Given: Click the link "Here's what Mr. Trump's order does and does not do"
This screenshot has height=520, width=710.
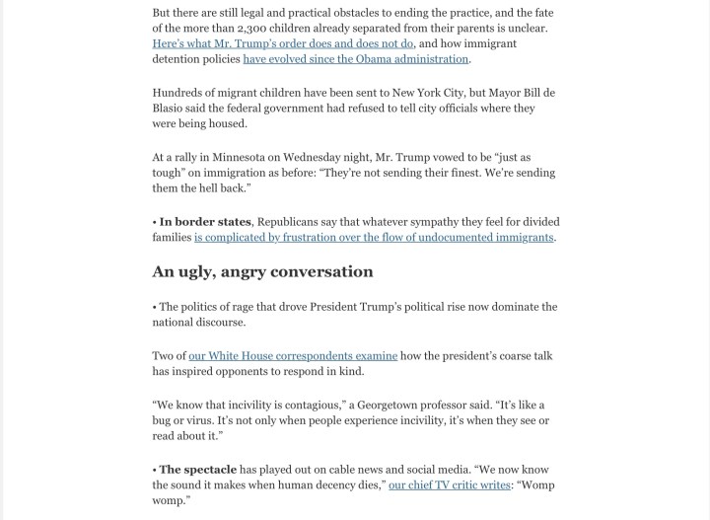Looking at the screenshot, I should (x=283, y=43).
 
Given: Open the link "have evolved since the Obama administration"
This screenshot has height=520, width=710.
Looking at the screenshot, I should (x=356, y=59).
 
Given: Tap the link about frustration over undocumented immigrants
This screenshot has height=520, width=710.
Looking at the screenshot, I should (x=374, y=238).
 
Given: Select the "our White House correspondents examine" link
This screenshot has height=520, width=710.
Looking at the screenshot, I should (x=293, y=355).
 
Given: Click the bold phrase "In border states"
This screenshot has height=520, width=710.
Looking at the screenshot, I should (x=205, y=222).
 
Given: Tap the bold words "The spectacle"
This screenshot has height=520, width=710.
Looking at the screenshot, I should (x=197, y=469).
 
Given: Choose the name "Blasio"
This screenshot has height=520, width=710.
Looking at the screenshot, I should (x=173, y=109).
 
